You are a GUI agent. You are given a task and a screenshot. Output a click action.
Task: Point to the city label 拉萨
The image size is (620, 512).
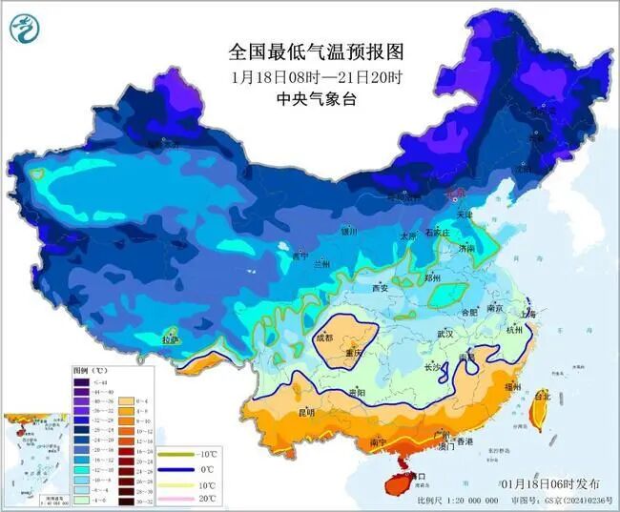click(170, 338)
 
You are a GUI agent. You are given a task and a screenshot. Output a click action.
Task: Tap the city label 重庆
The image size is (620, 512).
click(355, 353)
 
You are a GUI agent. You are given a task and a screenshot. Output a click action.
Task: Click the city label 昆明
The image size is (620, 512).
click(306, 412)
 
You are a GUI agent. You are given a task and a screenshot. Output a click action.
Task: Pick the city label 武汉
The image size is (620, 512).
click(444, 334)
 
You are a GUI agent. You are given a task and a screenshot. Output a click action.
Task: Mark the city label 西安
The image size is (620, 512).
click(381, 287)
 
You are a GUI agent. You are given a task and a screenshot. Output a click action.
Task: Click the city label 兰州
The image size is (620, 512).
click(322, 263)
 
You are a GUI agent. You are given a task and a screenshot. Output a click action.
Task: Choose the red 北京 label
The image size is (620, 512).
click(459, 193)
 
